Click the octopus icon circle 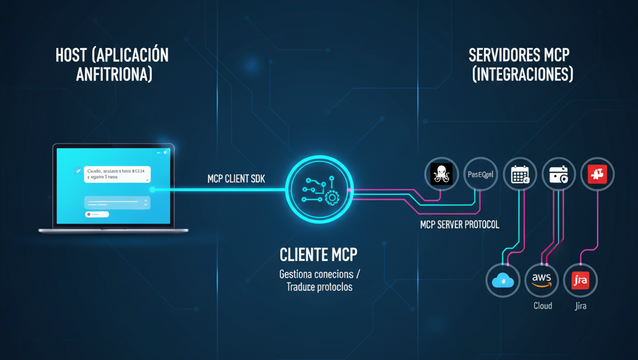click(x=441, y=174)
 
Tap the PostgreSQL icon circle click(x=481, y=174)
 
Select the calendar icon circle click(x=520, y=174)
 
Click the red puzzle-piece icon click(x=598, y=174)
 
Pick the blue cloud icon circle click(x=502, y=281)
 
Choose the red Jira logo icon click(x=580, y=281)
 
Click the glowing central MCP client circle click(x=318, y=189)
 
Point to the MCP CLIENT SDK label click(x=236, y=179)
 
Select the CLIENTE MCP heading click(x=318, y=255)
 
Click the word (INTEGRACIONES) click(x=522, y=75)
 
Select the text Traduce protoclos click(x=319, y=287)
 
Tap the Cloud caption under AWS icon click(x=543, y=306)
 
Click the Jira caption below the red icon click(x=581, y=306)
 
